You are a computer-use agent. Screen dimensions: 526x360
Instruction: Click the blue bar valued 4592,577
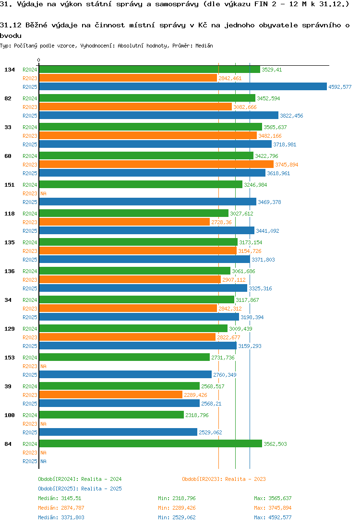(182, 87)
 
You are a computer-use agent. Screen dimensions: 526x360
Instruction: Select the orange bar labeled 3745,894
(156, 165)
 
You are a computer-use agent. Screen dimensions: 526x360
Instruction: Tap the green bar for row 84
(150, 444)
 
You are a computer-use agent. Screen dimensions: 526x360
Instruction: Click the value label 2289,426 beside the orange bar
(196, 395)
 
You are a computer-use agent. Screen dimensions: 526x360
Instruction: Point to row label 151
(10, 185)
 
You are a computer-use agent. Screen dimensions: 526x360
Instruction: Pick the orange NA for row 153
(43, 366)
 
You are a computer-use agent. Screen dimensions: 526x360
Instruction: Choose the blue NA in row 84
(43, 461)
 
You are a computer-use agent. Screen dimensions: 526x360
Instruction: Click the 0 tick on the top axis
(39, 60)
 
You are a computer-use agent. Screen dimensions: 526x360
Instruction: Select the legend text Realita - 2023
(245, 479)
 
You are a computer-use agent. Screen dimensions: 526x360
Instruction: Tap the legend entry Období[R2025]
(58, 489)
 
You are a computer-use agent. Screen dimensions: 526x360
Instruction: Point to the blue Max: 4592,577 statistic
(273, 517)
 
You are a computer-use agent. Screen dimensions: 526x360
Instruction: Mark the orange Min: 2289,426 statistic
(177, 508)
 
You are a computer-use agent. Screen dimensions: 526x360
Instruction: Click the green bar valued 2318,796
(111, 415)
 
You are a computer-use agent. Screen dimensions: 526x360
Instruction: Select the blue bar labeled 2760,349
(125, 375)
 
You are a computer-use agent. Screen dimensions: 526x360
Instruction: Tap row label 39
(8, 386)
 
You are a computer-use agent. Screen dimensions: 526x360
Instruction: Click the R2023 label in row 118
(30, 222)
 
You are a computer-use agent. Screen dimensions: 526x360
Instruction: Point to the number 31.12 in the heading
(10, 24)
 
